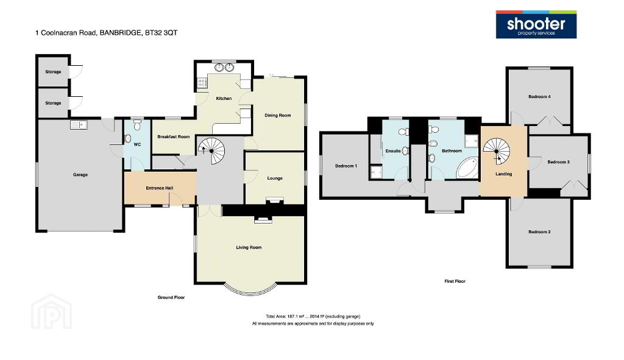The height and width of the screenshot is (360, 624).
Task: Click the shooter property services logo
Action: point(536,24)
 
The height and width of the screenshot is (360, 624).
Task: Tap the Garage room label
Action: point(80,175)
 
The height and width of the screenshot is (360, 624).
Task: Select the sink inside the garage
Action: point(79,125)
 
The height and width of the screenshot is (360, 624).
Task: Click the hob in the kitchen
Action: point(202,83)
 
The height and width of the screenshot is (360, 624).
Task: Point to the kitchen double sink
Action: point(224,68)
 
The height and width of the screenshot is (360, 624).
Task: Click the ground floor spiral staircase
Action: point(211,151)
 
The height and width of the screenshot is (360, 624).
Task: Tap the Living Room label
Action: point(249,247)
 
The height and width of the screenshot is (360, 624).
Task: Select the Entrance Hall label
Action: point(160,188)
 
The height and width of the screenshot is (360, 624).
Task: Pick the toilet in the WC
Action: point(137,126)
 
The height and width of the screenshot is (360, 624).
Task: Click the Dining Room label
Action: point(278,115)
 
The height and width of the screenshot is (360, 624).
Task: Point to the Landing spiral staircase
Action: point(496,151)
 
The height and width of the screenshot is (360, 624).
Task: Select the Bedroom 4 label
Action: point(540,97)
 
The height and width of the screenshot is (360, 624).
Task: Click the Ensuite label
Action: point(393,151)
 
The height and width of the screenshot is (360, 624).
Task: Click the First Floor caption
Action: point(455,281)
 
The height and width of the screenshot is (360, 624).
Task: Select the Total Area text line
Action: point(313,317)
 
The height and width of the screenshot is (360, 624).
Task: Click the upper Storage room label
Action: point(54,72)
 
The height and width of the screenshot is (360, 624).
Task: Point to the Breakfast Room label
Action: point(174,137)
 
